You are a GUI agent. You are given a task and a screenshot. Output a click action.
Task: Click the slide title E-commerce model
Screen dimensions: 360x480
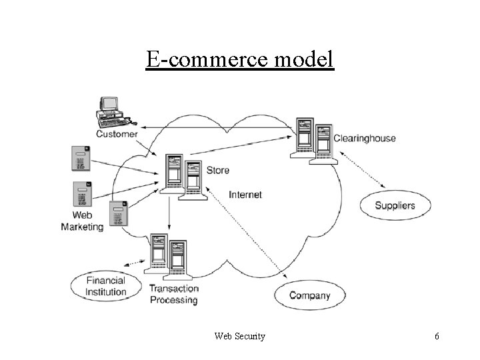(240, 60)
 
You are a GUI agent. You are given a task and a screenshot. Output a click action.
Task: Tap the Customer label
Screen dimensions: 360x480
(117, 133)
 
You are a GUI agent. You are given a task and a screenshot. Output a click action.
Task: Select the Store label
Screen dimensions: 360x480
(218, 170)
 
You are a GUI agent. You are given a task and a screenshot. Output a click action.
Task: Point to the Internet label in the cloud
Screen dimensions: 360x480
(245, 195)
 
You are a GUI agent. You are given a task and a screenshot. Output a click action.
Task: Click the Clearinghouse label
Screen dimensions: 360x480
(365, 139)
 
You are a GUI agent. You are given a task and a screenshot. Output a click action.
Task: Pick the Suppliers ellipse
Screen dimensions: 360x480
(395, 205)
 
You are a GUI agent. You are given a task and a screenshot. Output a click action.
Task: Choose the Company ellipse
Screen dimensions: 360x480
(309, 295)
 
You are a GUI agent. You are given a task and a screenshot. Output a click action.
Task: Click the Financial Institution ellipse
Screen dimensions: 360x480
(106, 287)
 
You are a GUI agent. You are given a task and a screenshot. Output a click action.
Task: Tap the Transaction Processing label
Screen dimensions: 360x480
(173, 294)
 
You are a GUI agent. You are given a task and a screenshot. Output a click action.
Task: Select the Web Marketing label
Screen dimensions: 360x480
(83, 221)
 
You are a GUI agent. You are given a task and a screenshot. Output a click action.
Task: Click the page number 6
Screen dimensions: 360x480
(437, 337)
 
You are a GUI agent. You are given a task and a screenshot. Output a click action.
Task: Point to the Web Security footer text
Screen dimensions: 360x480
(239, 337)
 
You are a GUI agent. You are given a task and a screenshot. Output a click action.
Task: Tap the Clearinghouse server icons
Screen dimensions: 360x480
(312, 141)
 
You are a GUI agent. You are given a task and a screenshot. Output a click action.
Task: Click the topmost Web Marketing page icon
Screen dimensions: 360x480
(81, 159)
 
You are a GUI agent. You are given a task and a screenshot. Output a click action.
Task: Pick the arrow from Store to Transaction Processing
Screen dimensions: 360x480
(169, 213)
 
